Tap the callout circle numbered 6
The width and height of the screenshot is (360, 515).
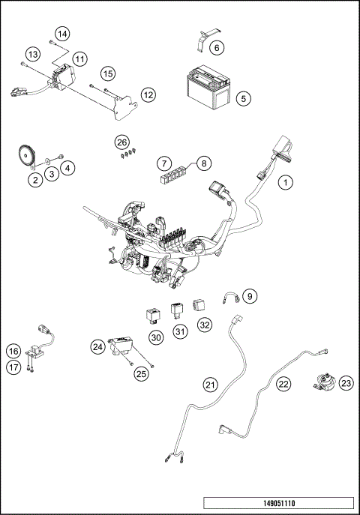point(216,48)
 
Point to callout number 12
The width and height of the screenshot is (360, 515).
point(148,94)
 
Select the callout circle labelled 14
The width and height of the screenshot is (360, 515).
point(61,34)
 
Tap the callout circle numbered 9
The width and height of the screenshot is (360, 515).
point(250,296)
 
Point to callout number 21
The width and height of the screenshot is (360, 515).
point(211,385)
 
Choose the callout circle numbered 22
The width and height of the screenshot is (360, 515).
point(283,383)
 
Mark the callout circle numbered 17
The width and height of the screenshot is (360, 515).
point(13,367)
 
